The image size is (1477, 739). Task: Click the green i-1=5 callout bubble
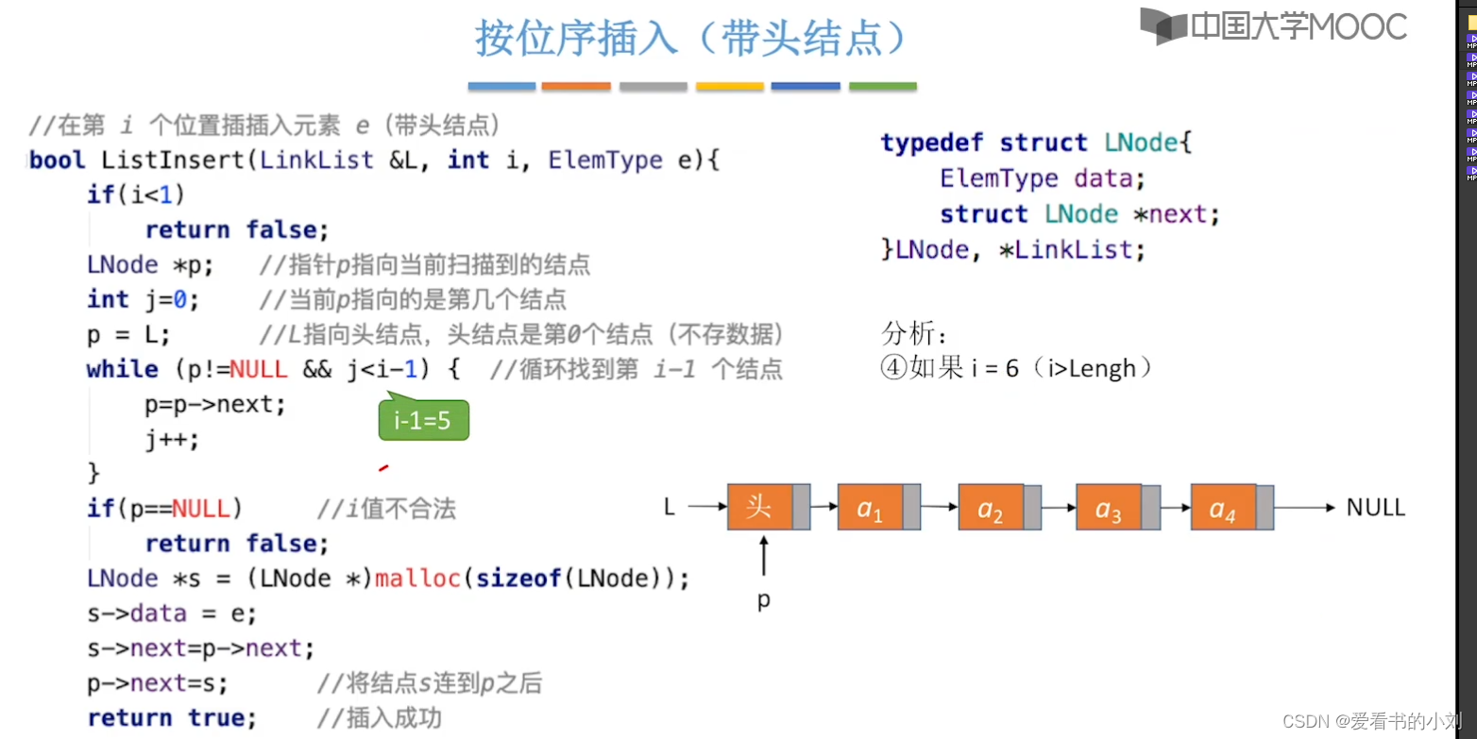point(423,421)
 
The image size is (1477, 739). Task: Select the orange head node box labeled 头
point(759,507)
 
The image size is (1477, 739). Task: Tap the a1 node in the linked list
point(870,508)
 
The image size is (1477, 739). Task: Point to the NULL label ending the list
point(1375,508)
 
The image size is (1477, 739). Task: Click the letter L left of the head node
point(670,508)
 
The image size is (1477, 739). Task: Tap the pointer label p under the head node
point(763,599)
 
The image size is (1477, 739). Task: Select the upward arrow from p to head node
point(763,557)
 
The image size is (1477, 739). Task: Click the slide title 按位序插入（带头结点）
point(691,39)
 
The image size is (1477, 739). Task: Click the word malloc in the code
point(417,578)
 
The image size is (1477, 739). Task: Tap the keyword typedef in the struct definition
point(933,143)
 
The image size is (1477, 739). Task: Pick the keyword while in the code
point(122,369)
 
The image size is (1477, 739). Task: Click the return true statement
point(171,717)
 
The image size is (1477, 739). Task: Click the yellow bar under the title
point(729,87)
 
